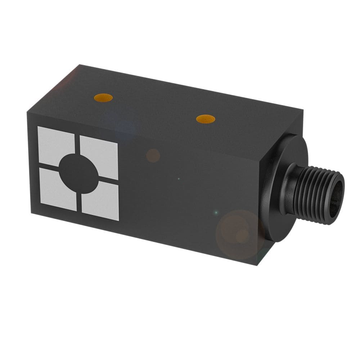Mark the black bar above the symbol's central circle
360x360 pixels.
[x=77, y=144]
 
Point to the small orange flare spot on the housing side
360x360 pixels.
[x=153, y=156]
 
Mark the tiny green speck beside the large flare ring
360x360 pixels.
[x=216, y=213]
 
